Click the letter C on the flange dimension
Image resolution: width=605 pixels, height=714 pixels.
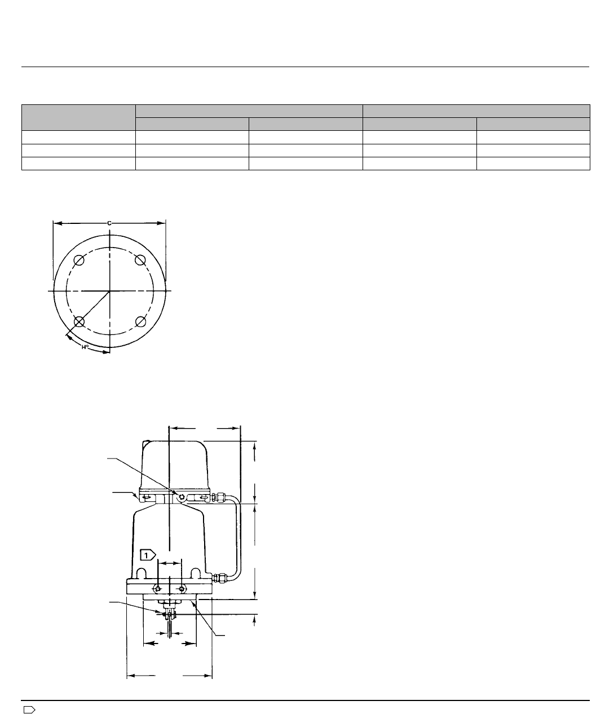click(109, 223)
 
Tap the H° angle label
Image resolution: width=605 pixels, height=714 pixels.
click(85, 347)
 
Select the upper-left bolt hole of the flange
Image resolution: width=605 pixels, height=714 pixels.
click(79, 261)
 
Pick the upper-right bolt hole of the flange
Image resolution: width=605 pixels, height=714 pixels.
click(140, 261)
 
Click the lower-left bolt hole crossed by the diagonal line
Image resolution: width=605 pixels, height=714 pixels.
click(79, 322)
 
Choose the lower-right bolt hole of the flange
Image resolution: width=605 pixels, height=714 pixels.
click(140, 322)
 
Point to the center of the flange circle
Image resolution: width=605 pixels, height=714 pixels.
click(109, 291)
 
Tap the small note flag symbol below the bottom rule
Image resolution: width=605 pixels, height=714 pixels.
click(29, 707)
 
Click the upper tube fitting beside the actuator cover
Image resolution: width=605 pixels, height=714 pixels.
click(219, 498)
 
